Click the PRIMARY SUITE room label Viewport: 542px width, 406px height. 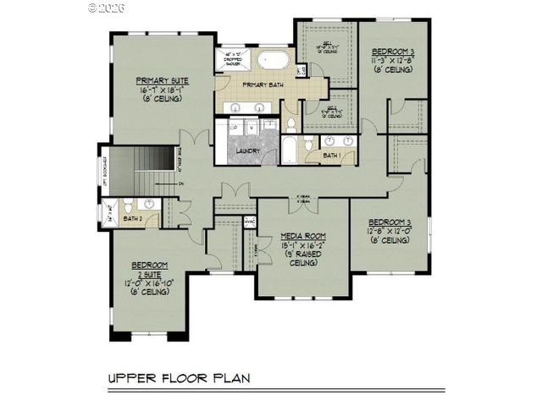tap(163, 80)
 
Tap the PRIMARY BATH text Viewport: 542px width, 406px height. tap(262, 85)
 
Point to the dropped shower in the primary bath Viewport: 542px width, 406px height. tap(230, 60)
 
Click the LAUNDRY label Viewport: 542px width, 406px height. tap(248, 151)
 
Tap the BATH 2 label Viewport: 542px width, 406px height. tap(132, 219)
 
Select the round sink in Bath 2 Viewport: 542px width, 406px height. tap(148, 204)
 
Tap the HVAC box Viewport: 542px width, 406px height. tap(250, 222)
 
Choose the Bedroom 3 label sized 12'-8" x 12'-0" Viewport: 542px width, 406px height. tap(389, 222)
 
